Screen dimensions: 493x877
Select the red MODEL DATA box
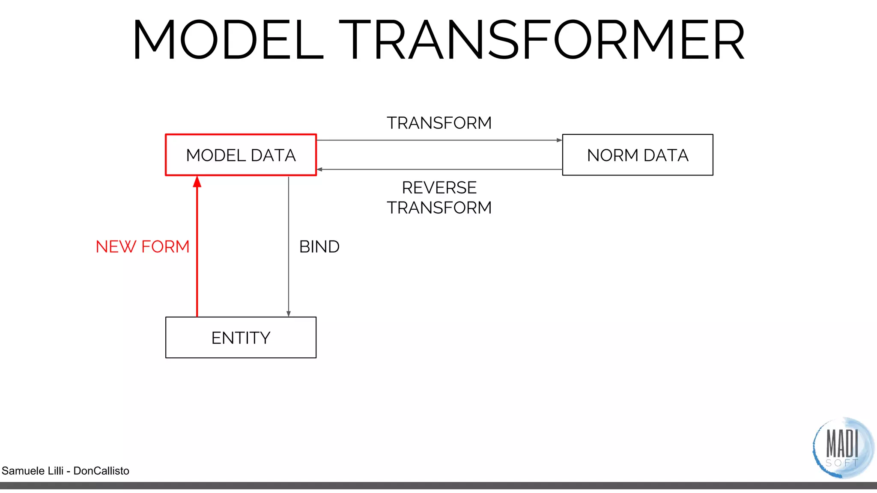[x=241, y=155]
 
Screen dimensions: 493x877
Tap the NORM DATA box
[x=637, y=155]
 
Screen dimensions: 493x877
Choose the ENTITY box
[x=241, y=338]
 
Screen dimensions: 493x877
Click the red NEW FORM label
[x=142, y=246]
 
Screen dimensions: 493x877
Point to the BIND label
[x=319, y=246]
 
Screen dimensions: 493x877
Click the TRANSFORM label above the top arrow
[x=439, y=123]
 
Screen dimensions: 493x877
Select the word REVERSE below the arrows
[x=439, y=187]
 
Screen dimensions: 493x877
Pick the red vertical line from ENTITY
[x=197, y=257]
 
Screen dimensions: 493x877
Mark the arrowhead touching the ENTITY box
[x=289, y=314]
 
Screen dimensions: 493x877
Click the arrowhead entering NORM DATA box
[x=559, y=140]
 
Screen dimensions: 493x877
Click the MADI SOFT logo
[x=842, y=448]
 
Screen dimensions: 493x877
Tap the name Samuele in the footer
[x=22, y=471]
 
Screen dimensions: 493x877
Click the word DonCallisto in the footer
[x=101, y=471]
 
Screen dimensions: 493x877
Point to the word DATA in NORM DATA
[x=666, y=155]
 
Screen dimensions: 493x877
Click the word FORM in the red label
[x=165, y=246]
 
